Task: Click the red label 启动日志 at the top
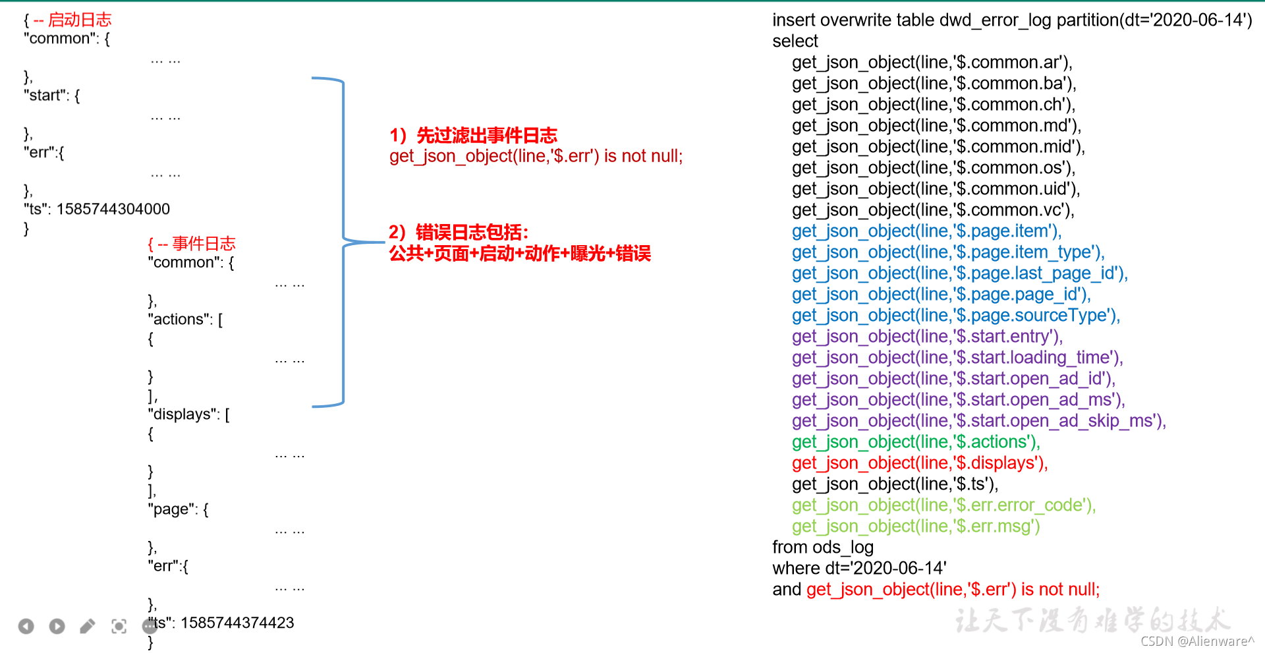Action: coord(80,20)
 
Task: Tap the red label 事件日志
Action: coord(204,244)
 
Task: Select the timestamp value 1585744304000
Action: coord(113,209)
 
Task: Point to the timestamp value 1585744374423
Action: coord(237,623)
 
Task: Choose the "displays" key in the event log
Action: coord(184,414)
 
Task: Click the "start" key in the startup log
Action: coord(47,96)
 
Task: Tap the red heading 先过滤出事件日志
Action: coord(487,135)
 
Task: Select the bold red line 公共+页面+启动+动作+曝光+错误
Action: coord(520,253)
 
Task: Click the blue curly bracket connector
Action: coord(343,242)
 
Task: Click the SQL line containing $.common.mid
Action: coord(938,146)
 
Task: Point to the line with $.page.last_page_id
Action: coord(960,273)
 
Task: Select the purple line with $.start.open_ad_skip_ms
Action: coord(979,420)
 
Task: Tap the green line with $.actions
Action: coord(916,441)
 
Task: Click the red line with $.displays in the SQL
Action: coord(920,463)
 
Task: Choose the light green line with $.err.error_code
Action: coord(944,505)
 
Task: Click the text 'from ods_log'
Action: coord(823,547)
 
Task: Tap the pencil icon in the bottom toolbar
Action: coord(88,626)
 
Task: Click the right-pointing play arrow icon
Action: coord(57,626)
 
